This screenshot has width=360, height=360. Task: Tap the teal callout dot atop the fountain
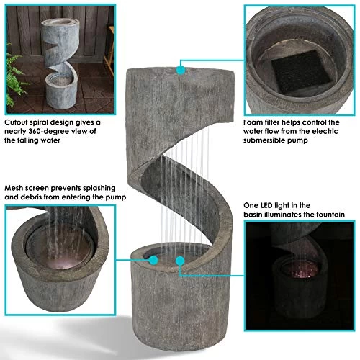point(181,70)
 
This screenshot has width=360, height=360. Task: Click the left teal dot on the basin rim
point(153,260)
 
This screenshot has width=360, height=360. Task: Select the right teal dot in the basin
point(180,261)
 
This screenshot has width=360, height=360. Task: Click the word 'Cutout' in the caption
point(16,122)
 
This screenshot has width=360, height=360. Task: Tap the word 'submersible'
point(264,140)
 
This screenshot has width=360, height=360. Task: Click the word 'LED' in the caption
point(266,205)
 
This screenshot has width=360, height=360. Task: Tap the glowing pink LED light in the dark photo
point(301,270)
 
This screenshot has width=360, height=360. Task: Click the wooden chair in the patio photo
point(109,50)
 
